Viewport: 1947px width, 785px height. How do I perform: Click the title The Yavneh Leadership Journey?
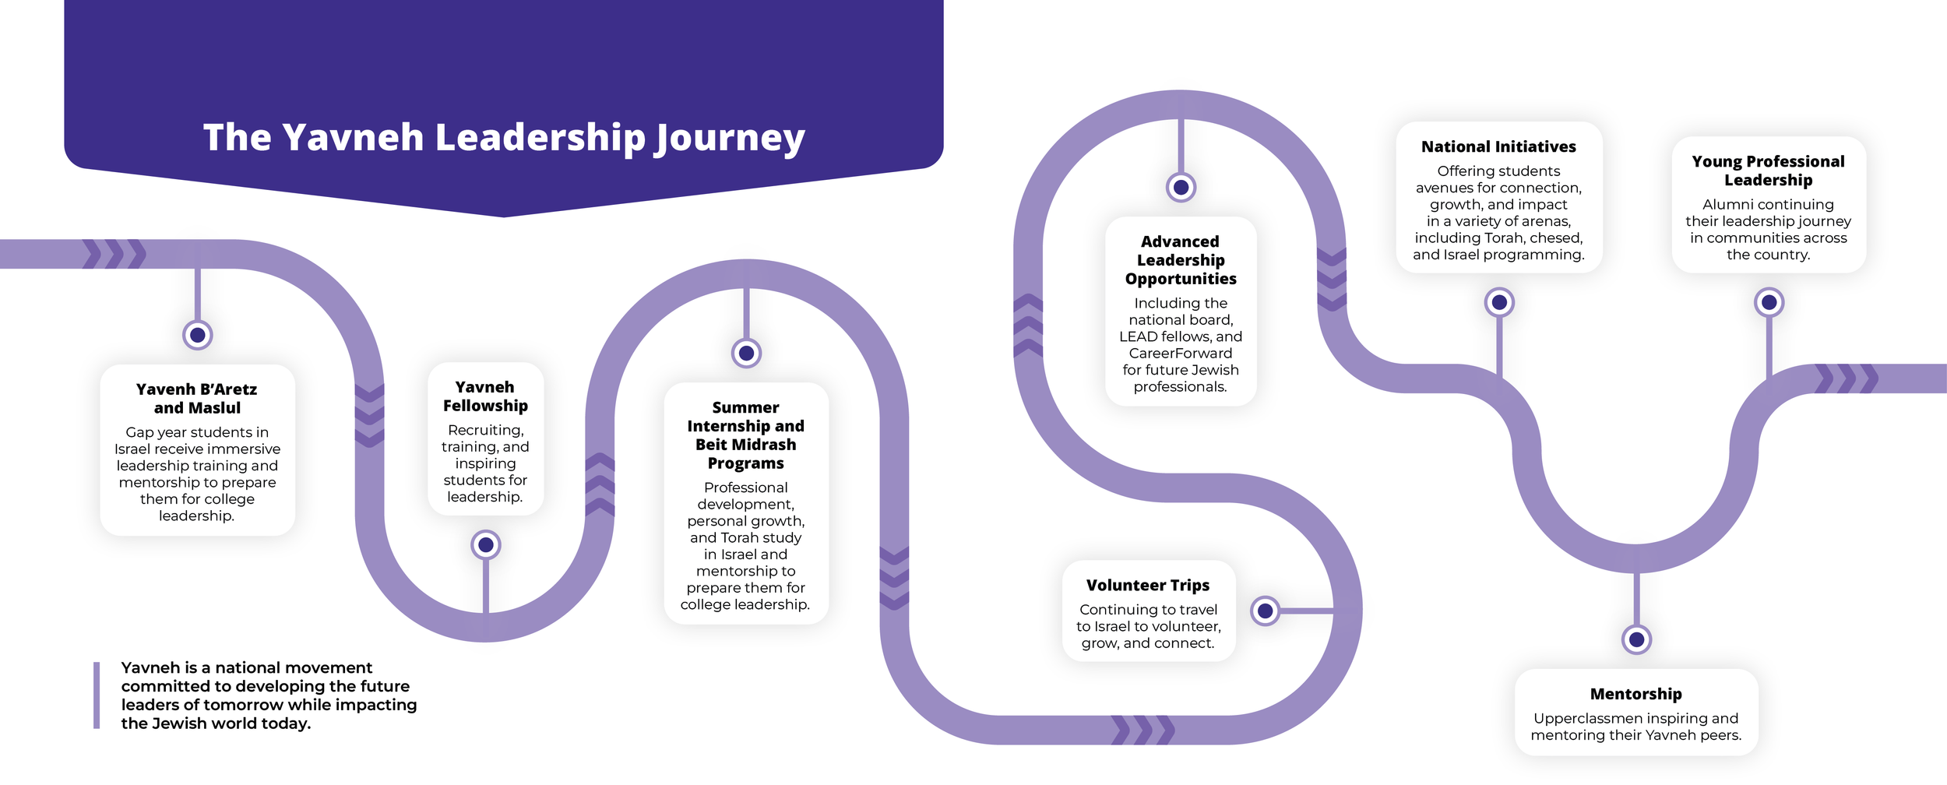[504, 138]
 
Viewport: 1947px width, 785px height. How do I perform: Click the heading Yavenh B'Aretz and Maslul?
[197, 398]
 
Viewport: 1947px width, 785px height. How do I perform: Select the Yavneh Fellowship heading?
[485, 396]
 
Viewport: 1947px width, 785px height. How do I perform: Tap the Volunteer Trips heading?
[1148, 585]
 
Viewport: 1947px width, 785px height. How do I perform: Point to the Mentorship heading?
[1635, 694]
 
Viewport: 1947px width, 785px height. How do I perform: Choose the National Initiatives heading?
[1498, 146]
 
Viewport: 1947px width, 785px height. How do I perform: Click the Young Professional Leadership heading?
[1768, 171]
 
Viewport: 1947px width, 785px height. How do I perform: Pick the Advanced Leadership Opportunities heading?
[1181, 260]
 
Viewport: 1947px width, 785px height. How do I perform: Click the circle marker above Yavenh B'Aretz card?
[198, 335]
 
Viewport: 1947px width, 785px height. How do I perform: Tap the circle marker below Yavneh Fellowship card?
[486, 545]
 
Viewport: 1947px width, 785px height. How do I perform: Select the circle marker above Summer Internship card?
[746, 354]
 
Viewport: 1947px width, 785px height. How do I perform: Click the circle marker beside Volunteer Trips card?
[1266, 611]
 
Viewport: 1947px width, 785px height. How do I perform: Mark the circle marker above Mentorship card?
[1636, 639]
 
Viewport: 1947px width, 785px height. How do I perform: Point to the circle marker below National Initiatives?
[1499, 302]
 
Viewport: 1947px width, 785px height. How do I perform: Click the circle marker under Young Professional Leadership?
[1769, 302]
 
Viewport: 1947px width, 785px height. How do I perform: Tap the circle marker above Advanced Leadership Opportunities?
[1181, 188]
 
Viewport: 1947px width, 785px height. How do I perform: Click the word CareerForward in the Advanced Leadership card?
[1181, 354]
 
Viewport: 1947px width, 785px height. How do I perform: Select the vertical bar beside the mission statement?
[97, 695]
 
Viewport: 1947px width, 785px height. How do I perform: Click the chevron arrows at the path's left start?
[114, 254]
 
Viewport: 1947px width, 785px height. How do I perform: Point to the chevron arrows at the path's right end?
[1847, 378]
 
